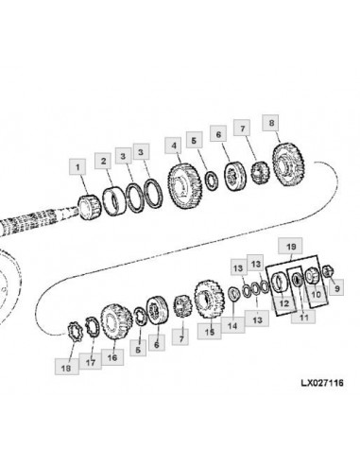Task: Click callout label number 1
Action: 77,166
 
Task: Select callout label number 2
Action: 104,162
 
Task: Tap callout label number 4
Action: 173,146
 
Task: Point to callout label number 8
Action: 270,123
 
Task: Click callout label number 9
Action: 336,287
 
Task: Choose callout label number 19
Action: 291,246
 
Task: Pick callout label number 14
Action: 232,325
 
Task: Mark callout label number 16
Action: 112,357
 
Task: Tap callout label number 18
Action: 66,367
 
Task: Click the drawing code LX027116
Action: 322,383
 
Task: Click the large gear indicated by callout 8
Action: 288,164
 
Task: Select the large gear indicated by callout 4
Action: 185,186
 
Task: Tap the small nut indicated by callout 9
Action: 328,271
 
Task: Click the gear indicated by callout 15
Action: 209,299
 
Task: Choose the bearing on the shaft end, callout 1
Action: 90,207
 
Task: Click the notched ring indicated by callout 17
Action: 93,327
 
